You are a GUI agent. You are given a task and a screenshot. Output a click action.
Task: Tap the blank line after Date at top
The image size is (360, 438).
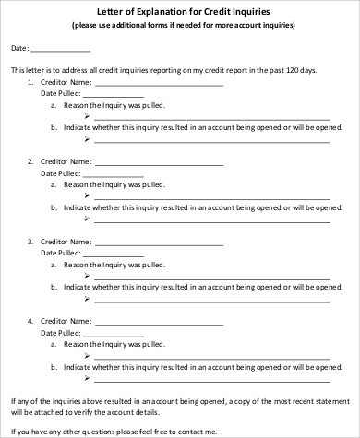pyautogui.click(x=61, y=49)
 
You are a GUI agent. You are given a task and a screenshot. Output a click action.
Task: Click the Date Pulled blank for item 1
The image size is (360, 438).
pyautogui.click(x=114, y=94)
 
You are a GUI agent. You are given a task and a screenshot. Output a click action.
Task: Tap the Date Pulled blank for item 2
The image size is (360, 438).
pyautogui.click(x=114, y=173)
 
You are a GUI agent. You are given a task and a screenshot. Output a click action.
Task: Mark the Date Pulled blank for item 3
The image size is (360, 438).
pyautogui.click(x=114, y=253)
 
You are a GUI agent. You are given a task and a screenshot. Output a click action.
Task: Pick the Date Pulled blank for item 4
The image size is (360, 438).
pyautogui.click(x=114, y=332)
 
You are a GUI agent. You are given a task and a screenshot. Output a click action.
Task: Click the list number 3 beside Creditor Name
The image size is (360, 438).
pyautogui.click(x=30, y=242)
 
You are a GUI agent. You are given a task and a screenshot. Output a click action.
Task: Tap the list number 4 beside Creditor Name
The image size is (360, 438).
pyautogui.click(x=30, y=321)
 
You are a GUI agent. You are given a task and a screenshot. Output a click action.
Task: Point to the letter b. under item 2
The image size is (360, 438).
pyautogui.click(x=54, y=208)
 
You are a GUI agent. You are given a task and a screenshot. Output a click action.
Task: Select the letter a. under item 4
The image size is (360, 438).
pyautogui.click(x=54, y=343)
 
